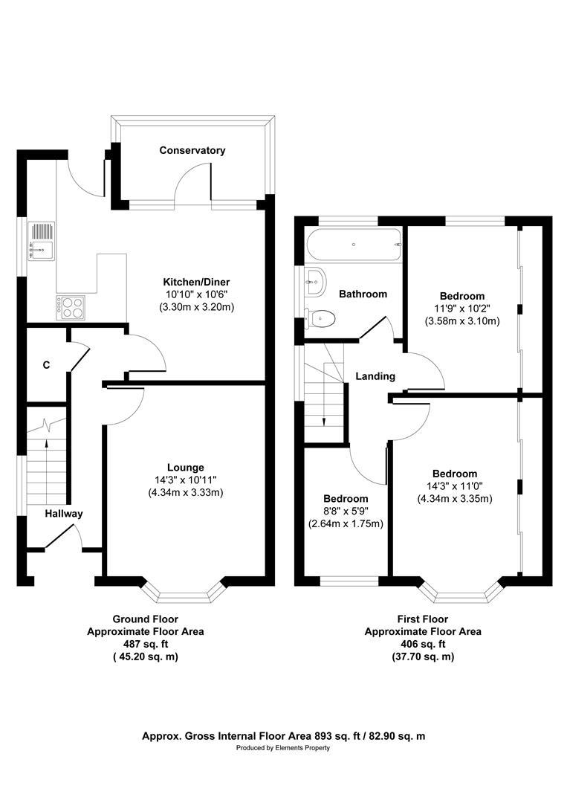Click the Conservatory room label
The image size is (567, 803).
tap(192, 150)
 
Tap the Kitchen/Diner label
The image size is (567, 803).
tap(197, 283)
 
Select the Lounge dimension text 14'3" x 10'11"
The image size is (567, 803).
tap(185, 480)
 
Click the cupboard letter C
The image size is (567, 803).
tap(46, 365)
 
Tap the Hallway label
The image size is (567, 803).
tap(63, 514)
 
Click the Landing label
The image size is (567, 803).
tap(375, 376)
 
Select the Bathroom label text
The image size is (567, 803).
tap(363, 294)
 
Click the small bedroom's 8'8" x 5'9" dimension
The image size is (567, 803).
tap(345, 511)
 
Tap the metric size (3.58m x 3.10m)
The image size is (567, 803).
tap(461, 321)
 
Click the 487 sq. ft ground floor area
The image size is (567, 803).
tap(145, 644)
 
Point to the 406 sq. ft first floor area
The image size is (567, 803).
tap(422, 644)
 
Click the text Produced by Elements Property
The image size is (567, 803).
tap(283, 748)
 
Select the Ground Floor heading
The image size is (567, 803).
tap(145, 619)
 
